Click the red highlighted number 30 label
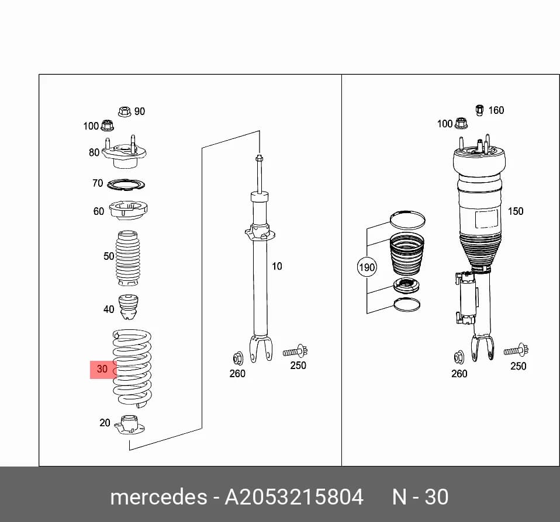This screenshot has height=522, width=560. [x=103, y=369]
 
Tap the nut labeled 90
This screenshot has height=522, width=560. [x=125, y=112]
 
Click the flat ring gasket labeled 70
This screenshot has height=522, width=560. [x=126, y=185]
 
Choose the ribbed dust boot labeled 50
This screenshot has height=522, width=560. [x=127, y=258]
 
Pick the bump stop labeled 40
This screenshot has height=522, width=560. [x=128, y=307]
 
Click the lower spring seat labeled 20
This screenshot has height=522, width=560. [x=129, y=425]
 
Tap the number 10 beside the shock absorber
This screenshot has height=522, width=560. [x=277, y=266]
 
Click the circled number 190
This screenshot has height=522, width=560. [x=367, y=267]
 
